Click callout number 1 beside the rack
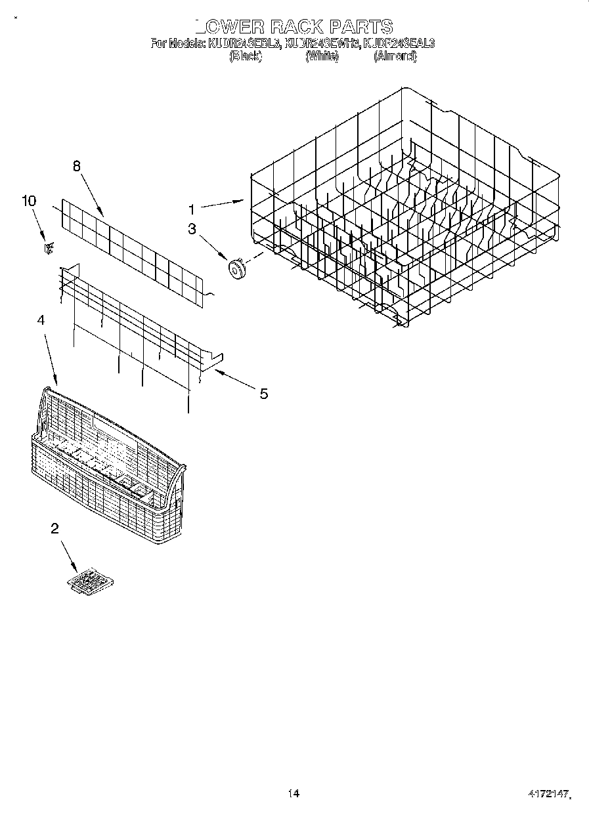click(191, 210)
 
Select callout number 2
click(55, 529)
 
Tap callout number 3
click(192, 229)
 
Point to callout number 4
click(41, 320)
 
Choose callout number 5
click(263, 394)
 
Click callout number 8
click(77, 167)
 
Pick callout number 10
click(29, 201)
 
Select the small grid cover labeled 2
click(91, 582)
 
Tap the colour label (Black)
click(246, 56)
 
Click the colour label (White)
click(322, 56)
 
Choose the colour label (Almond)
click(395, 56)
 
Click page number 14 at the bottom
click(294, 793)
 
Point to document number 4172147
click(549, 794)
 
